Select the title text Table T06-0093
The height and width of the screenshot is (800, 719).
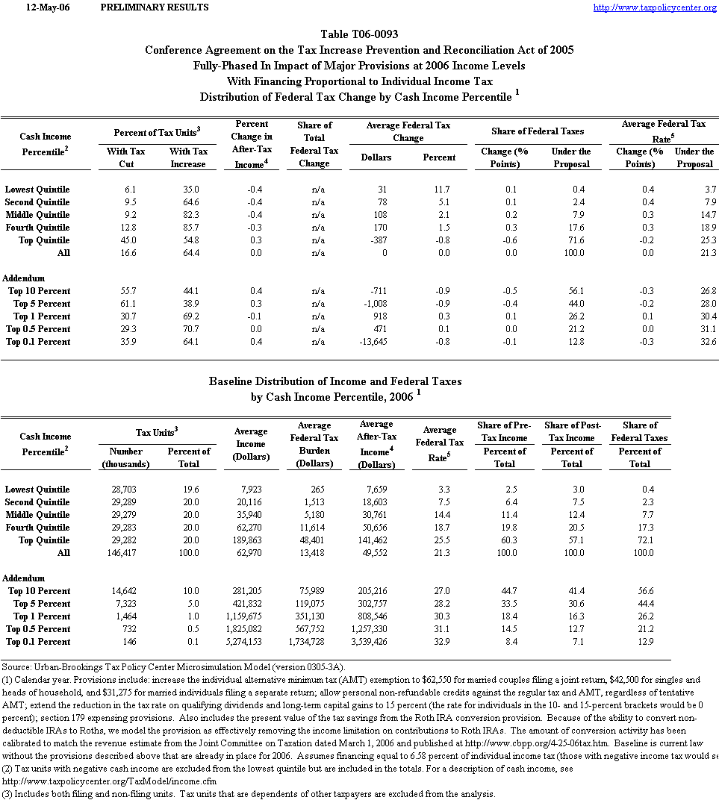coord(359,34)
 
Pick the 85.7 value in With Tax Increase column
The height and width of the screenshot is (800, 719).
coord(196,228)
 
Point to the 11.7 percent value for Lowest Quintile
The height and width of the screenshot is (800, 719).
coord(447,190)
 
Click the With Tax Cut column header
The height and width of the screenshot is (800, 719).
coord(126,157)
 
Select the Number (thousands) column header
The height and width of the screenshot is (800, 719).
coord(125,457)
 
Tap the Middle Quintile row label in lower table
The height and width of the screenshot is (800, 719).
coord(37,515)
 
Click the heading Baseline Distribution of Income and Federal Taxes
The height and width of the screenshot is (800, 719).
coord(334,381)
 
